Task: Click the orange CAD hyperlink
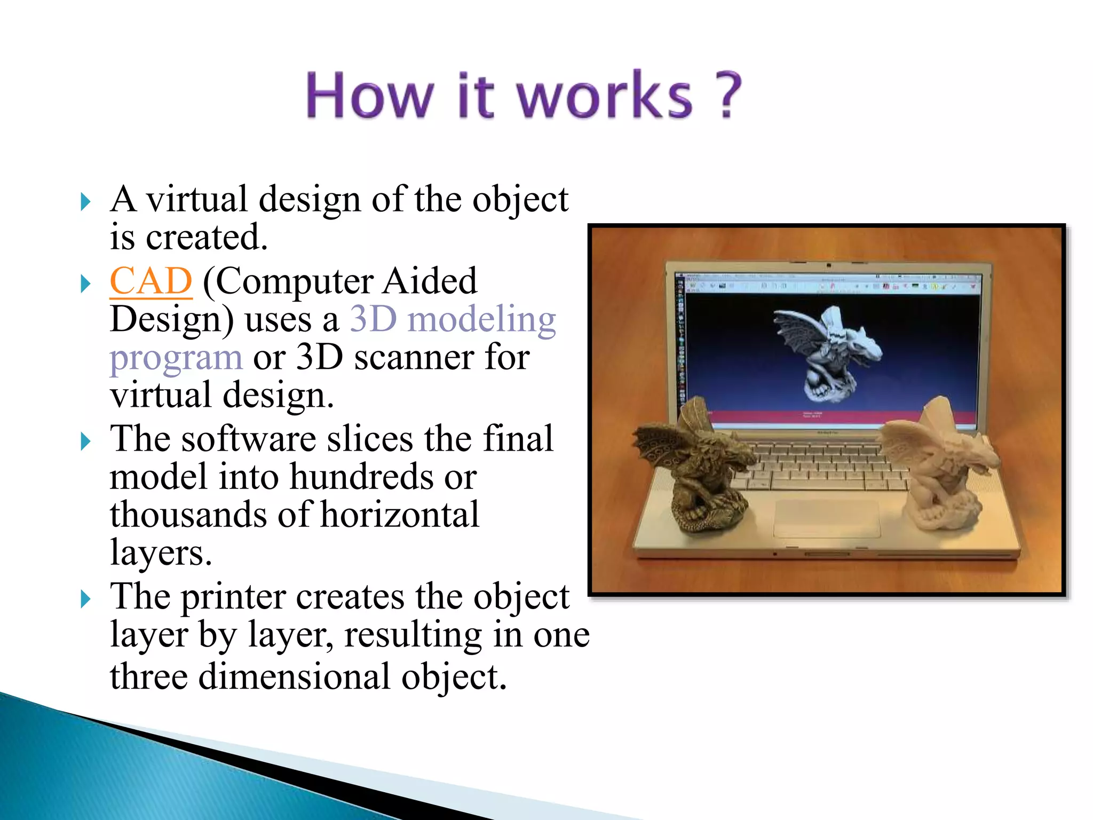(x=151, y=281)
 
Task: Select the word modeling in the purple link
(x=481, y=319)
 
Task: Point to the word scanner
(x=415, y=357)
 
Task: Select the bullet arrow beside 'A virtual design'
(x=85, y=202)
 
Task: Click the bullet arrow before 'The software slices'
(x=85, y=441)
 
